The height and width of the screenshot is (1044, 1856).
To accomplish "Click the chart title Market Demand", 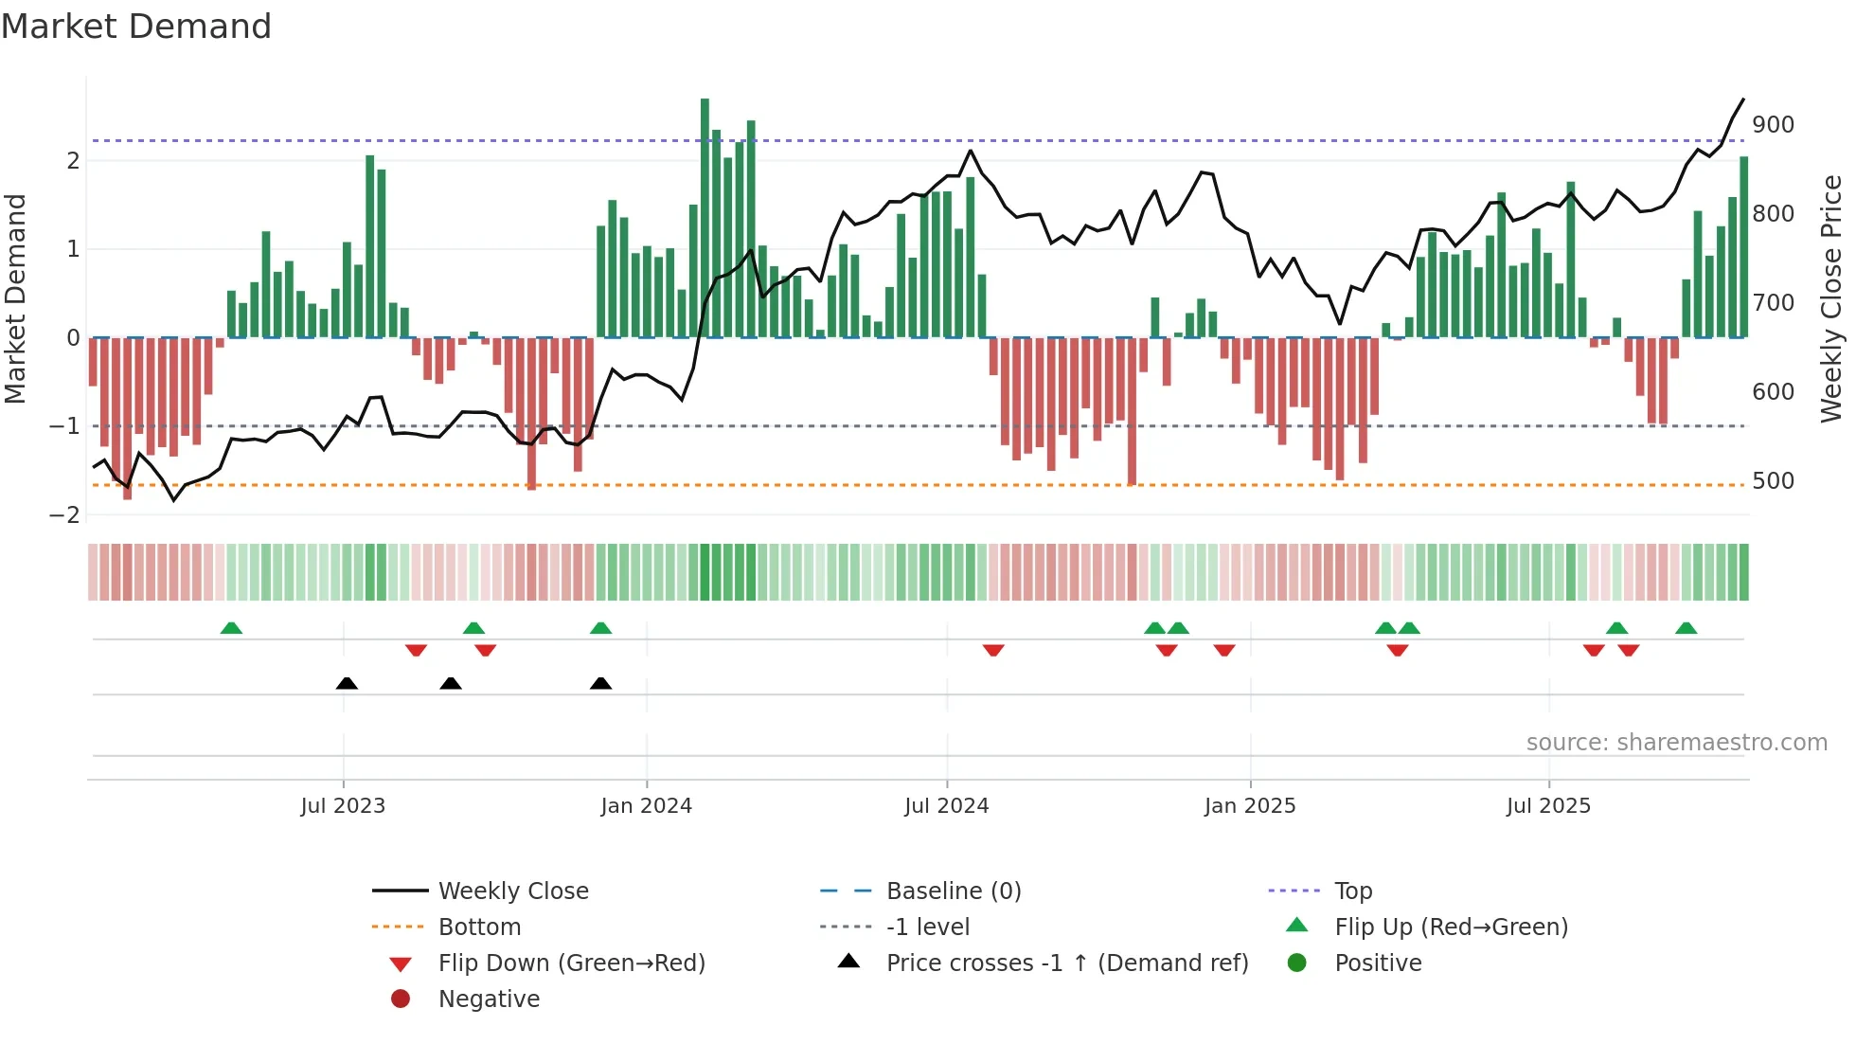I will pos(136,27).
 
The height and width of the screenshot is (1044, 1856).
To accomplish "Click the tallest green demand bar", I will pos(705,218).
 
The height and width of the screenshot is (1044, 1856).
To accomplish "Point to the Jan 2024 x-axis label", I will pos(646,806).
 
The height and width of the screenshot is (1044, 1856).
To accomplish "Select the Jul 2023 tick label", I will pos(343,806).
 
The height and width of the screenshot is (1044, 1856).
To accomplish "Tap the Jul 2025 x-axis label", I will pos(1548,806).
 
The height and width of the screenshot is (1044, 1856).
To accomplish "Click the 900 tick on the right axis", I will pos(1773,125).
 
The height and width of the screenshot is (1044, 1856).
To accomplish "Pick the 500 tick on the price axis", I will pos(1773,481).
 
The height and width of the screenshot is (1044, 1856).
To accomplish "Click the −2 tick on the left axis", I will pos(64,515).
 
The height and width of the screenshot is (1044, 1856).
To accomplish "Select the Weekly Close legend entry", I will pos(512,891).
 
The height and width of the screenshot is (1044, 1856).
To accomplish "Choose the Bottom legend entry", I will pos(479,927).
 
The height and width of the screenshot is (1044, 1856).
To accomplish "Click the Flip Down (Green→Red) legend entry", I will pos(571,963).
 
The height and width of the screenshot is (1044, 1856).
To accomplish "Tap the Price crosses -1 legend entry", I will pos(1066,963).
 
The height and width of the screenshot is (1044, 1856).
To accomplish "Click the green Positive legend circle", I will pos(1297,963).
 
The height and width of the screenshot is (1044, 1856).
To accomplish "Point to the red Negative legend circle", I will pos(401,999).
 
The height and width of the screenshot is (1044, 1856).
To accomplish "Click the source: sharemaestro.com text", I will pos(1676,743).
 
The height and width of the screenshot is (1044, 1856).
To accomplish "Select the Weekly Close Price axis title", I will pos(1831,298).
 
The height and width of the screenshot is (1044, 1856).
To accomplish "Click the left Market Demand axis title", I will pos(15,298).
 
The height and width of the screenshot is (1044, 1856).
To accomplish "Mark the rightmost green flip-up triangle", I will pos(1686,628).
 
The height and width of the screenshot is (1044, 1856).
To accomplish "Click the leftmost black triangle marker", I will pos(347,683).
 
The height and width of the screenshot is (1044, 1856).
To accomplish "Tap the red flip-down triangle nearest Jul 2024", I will pos(993,650).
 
